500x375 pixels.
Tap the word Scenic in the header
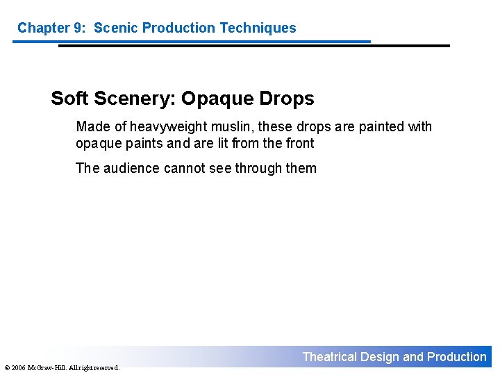click(115, 28)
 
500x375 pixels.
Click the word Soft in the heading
click(69, 99)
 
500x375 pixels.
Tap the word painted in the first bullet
click(381, 127)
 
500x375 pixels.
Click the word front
click(299, 144)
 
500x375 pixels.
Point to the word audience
click(131, 168)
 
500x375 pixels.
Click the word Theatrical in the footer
click(329, 357)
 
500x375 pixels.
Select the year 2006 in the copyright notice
click(18, 367)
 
